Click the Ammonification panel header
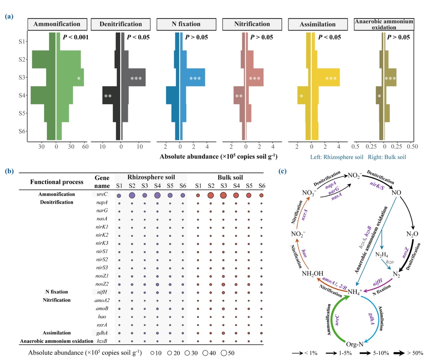pyautogui.click(x=57, y=24)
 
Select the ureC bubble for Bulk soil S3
pyautogui.click(x=223, y=195)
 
